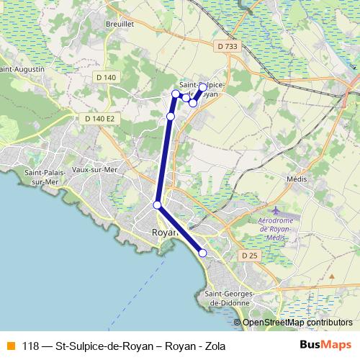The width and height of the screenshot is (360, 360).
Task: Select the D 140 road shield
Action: tap(105, 77)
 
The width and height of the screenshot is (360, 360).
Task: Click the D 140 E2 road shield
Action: tap(99, 118)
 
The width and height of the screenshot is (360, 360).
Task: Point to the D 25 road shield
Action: tap(249, 256)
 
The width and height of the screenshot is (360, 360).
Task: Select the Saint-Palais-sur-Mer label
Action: tap(45, 177)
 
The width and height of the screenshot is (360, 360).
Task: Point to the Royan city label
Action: tap(165, 233)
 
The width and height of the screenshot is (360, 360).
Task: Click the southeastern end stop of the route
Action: tap(202, 253)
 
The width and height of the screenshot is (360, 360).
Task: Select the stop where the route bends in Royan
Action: tap(158, 205)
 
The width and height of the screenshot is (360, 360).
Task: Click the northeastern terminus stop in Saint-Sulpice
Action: tap(202, 87)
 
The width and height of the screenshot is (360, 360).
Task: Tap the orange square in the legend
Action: tap(10, 345)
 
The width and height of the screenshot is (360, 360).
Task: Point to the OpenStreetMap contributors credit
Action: tap(297, 323)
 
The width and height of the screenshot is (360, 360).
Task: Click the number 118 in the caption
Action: tap(30, 346)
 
